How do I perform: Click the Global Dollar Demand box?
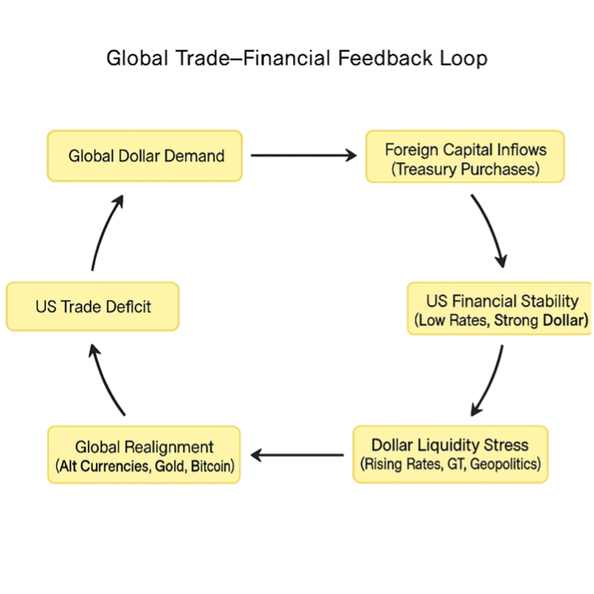pyautogui.click(x=145, y=156)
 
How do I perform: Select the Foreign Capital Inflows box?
pyautogui.click(x=465, y=157)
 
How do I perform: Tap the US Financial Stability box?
pyautogui.click(x=501, y=309)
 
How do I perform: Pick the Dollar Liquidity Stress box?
pyautogui.click(x=450, y=454)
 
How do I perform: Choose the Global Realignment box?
pyautogui.click(x=144, y=456)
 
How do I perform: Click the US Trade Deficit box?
pyautogui.click(x=92, y=307)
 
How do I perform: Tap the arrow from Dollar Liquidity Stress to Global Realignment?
pyautogui.click(x=298, y=455)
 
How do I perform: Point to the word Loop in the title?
pyautogui.click(x=466, y=59)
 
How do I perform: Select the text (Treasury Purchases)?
pyautogui.click(x=466, y=169)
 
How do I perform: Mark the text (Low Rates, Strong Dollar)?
pyautogui.click(x=501, y=320)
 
